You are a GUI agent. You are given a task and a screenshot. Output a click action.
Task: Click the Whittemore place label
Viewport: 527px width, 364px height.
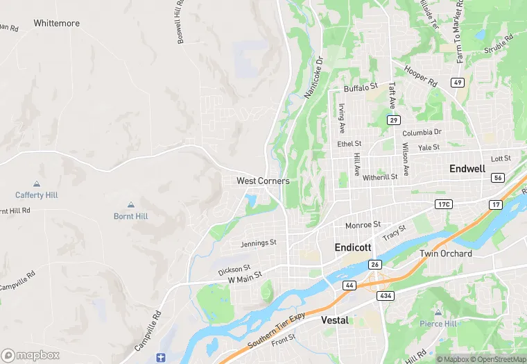click(x=56, y=24)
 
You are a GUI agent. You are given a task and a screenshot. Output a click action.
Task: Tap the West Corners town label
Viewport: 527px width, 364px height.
click(x=263, y=181)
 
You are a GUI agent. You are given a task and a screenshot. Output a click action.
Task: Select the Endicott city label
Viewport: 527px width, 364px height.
click(x=353, y=247)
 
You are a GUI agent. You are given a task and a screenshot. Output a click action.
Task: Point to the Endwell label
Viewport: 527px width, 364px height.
click(x=467, y=169)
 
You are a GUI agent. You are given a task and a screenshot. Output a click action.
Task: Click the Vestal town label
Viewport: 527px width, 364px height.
click(x=335, y=320)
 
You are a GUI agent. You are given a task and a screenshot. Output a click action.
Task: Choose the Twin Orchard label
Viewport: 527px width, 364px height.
click(x=446, y=254)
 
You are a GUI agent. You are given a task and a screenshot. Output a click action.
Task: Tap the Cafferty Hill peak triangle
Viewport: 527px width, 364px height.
click(x=37, y=184)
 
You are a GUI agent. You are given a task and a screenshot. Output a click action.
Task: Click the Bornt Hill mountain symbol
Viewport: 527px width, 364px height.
click(x=131, y=205)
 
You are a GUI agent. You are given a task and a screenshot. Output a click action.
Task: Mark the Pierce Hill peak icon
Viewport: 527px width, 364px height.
click(x=438, y=312)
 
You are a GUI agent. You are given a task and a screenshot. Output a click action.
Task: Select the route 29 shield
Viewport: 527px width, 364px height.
click(x=394, y=121)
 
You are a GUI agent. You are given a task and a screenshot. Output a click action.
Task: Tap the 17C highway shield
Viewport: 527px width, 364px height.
click(x=444, y=204)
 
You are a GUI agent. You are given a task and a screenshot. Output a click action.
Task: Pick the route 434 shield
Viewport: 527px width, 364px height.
click(x=386, y=296)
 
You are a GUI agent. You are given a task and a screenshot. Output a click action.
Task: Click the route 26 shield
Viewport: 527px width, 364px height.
click(x=375, y=265)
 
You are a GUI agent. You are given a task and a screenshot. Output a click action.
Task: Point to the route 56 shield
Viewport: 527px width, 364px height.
click(x=498, y=178)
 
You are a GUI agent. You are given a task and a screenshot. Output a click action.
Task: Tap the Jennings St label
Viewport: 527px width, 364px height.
click(x=259, y=243)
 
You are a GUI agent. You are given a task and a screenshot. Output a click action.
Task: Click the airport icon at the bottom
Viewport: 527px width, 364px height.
click(x=161, y=357)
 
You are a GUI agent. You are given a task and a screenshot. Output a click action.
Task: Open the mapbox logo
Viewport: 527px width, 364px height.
click(x=31, y=355)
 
